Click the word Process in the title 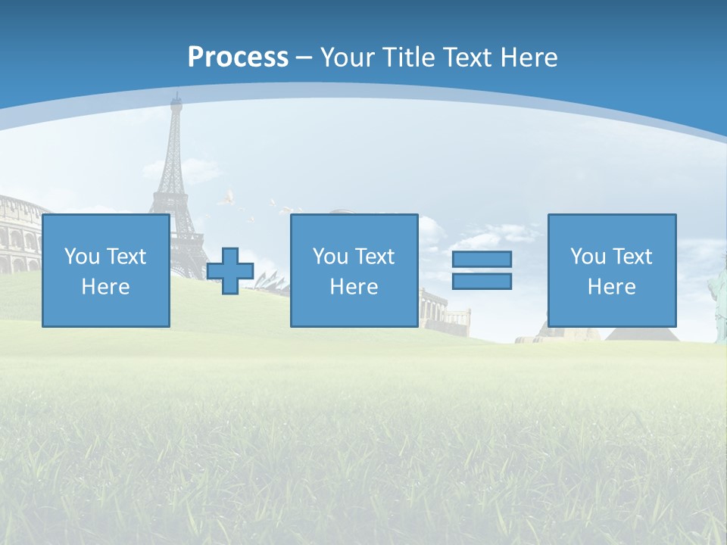[238, 57]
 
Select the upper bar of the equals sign [482, 259]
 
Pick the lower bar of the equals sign [482, 281]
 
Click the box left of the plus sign [105, 270]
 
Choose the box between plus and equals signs [354, 270]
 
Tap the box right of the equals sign [611, 270]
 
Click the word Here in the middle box [354, 287]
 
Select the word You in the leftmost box [82, 256]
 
